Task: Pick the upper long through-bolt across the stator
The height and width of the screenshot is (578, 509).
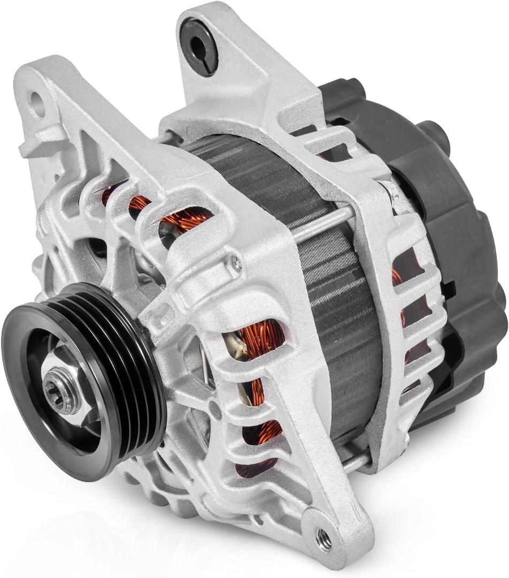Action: (x=321, y=225)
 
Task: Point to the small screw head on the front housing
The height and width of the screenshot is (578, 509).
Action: (x=235, y=262)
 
